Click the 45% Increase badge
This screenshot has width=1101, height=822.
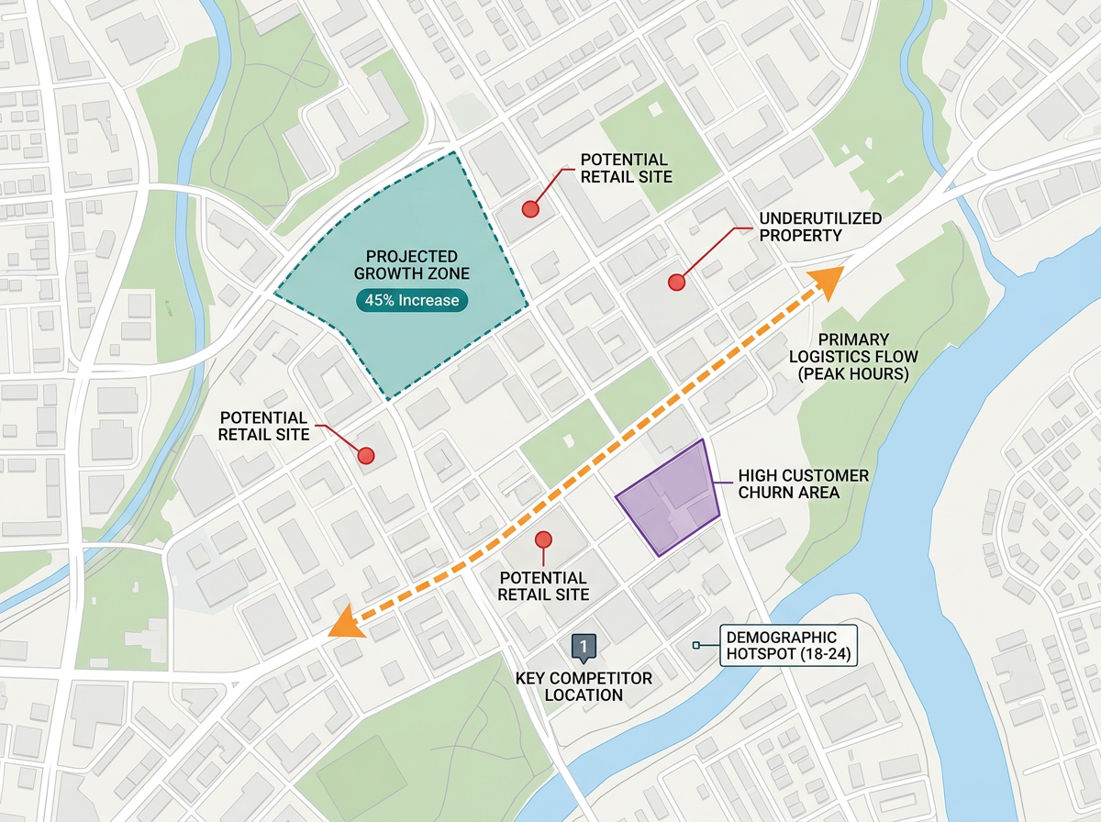[412, 300]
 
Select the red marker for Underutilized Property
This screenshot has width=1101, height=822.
[677, 283]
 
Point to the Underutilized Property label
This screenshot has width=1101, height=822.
[820, 227]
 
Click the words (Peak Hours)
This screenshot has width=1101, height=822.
[852, 374]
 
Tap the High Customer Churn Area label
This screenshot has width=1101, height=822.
[804, 484]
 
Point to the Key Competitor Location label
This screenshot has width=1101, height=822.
[584, 686]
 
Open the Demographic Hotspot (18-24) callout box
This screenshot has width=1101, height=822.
[780, 645]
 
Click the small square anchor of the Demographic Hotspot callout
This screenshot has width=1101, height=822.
[696, 646]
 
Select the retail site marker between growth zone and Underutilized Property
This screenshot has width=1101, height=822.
[529, 209]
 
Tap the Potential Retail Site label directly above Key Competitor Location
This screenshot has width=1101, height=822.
[543, 586]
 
